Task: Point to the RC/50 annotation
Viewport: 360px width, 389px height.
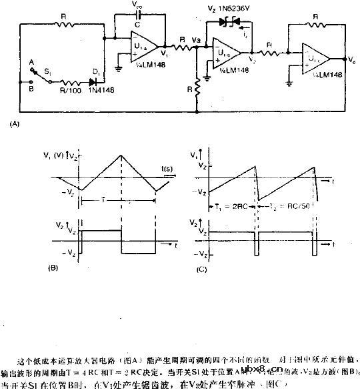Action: coord(291,207)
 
